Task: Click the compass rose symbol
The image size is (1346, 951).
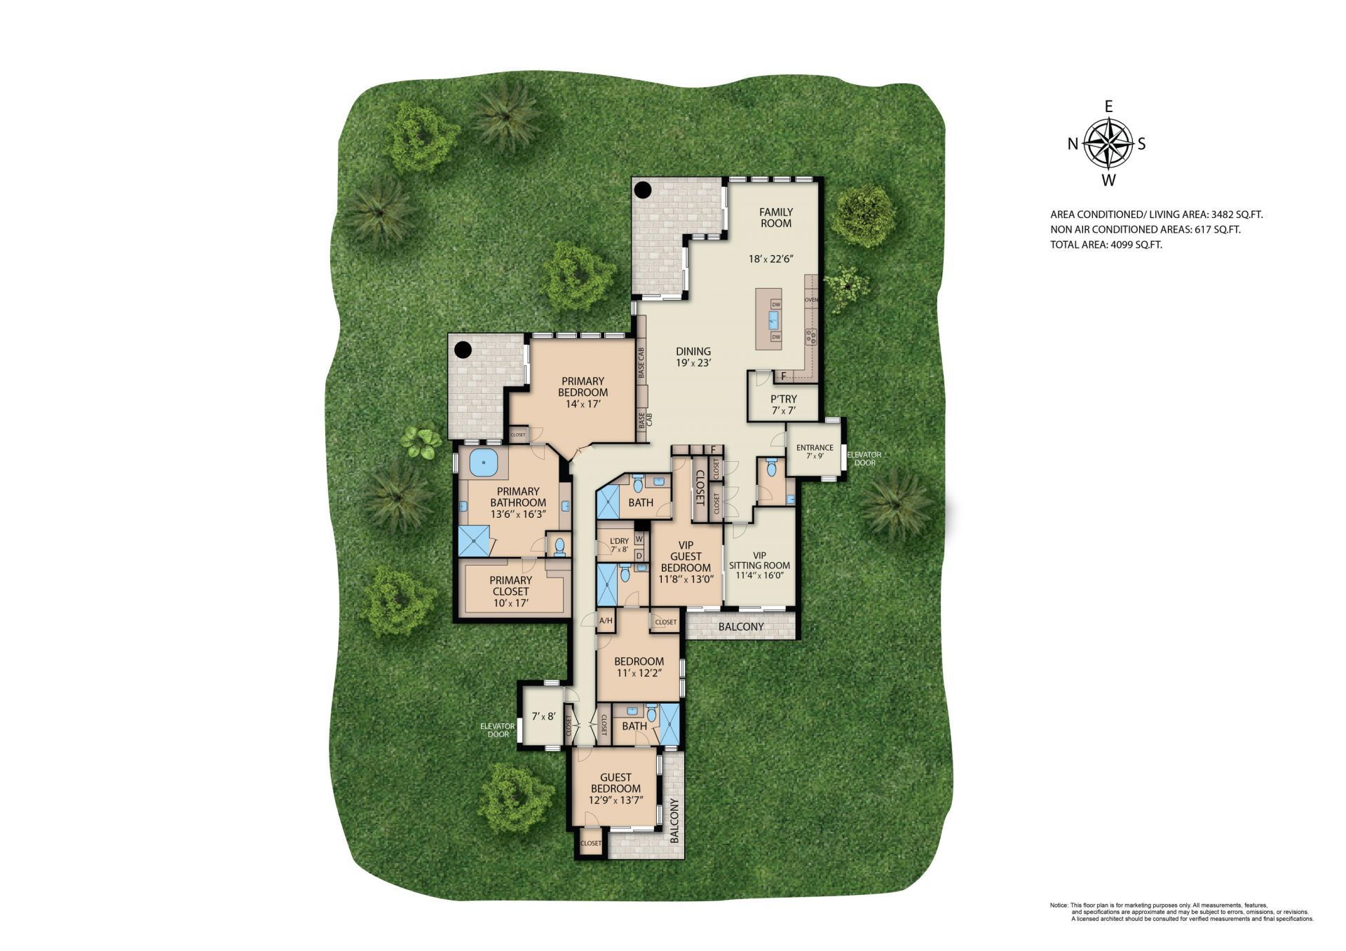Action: pos(1108,144)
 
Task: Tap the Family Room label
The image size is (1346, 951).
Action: pos(776,217)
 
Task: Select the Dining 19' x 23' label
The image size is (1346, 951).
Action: pos(693,357)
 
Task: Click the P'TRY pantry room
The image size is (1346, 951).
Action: pos(783,404)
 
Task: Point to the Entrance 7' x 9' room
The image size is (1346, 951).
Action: pos(815,451)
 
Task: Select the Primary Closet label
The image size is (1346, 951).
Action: pos(510,591)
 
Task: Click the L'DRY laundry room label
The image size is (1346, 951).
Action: pos(620,545)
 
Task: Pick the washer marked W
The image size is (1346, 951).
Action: pos(639,538)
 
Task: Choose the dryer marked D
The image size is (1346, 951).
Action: pos(639,556)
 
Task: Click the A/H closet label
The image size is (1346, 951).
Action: pos(606,621)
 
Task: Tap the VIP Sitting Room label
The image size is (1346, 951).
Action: pos(759,566)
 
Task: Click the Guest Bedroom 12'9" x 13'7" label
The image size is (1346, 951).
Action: pos(616,788)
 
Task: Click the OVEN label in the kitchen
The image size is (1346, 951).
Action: pos(811,300)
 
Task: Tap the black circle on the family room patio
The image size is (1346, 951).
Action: pos(643,189)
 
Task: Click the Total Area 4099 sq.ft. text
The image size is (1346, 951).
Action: pos(1106,245)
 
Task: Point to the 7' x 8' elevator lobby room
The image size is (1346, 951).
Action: pos(543,716)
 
